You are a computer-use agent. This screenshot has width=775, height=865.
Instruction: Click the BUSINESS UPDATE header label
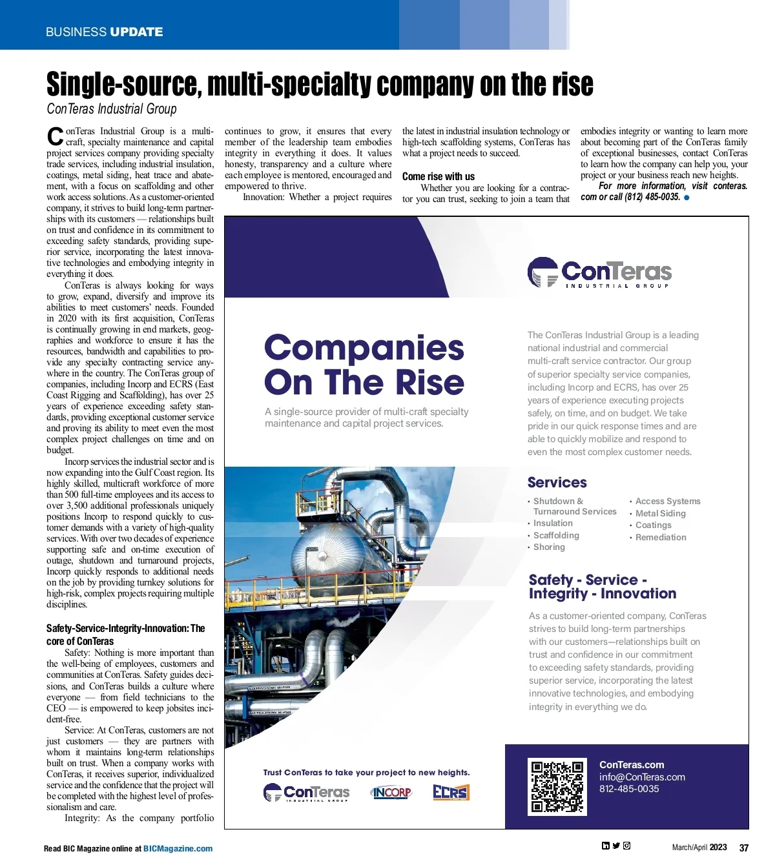104,32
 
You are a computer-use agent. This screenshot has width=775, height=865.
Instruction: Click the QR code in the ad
557,787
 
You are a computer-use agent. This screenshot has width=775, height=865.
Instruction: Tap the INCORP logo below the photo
391,792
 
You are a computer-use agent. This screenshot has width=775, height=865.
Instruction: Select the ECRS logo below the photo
451,792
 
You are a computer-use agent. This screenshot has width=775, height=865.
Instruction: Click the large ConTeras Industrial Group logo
599,273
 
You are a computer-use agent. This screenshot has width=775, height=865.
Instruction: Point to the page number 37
743,848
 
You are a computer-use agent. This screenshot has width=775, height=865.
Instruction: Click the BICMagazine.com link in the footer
178,849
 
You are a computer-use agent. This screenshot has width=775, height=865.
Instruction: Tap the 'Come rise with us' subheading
438,176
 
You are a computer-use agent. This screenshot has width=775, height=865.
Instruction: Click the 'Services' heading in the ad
557,482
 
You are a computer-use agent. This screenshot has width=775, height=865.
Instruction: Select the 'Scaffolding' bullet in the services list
556,535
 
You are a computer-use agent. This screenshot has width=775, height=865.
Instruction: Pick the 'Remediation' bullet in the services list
660,537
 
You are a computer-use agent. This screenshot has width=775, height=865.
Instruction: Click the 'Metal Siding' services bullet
660,513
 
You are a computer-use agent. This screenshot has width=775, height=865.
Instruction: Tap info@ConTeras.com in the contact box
642,777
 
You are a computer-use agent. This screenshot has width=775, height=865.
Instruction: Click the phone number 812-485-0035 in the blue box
628,789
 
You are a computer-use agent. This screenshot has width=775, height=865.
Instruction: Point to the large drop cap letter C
55,136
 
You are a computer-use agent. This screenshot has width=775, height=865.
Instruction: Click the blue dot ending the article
687,198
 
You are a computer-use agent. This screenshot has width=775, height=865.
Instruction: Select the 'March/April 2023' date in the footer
699,848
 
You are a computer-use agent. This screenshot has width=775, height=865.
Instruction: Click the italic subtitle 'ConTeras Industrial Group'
111,108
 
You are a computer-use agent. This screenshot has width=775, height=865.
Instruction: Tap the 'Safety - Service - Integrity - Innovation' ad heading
602,587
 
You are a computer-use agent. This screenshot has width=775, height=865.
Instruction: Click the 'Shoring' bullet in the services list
549,547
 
